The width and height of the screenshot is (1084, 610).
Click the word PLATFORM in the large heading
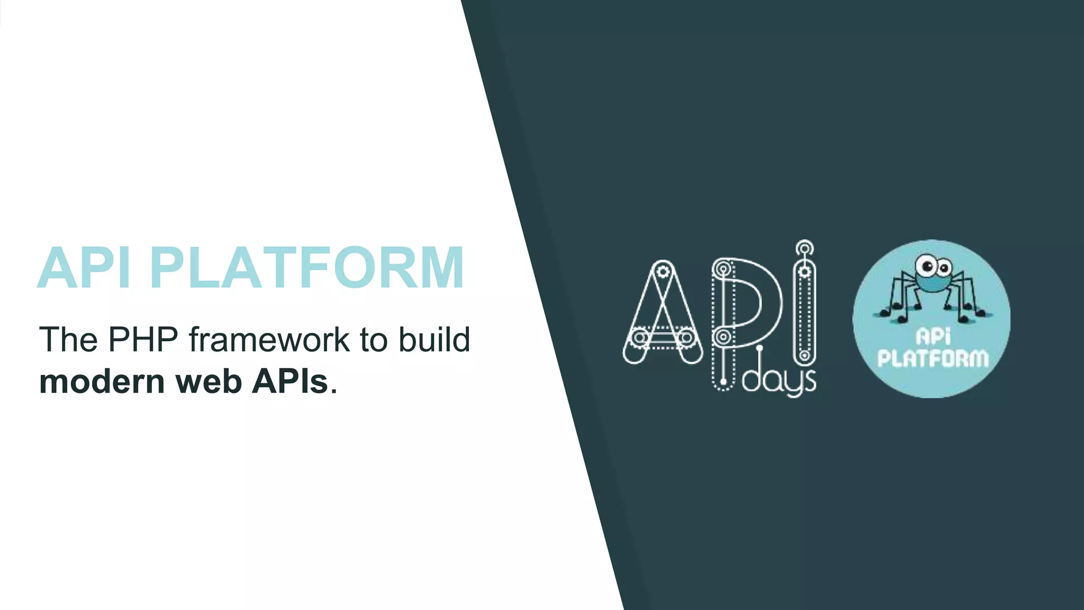coord(307,268)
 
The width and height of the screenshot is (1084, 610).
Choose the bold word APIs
coord(290,381)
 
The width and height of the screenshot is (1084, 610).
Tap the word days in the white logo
coord(779,380)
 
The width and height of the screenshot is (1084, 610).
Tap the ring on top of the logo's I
coord(805,248)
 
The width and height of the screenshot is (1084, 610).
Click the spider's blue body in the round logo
coord(932,283)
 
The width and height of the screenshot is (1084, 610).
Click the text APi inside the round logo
coord(933,336)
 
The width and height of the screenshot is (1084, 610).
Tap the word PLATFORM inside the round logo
coord(933,358)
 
